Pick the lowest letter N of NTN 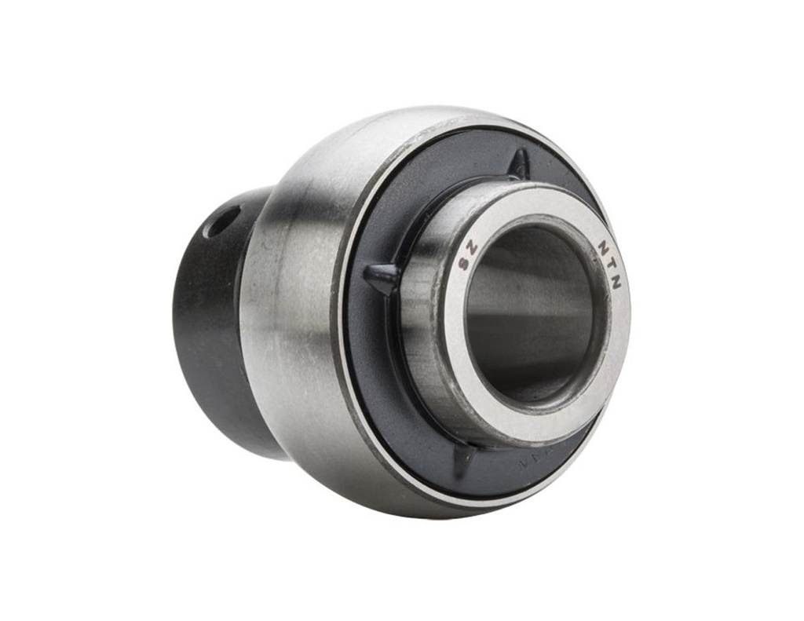(616, 282)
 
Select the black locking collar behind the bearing (208, 330)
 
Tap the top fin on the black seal (519, 164)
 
